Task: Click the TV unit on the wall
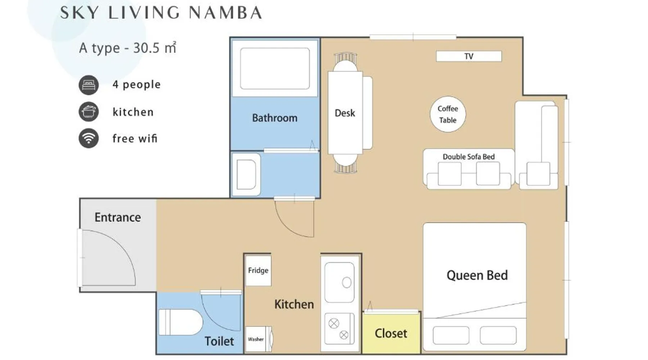[469, 56]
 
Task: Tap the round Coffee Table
[448, 114]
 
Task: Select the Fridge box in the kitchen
[258, 271]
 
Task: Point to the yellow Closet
[391, 333]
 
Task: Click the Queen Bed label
[477, 275]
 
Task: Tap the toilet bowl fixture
[180, 322]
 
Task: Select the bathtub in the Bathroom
[275, 68]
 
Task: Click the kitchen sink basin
[339, 282]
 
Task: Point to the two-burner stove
[339, 329]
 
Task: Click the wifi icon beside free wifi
[89, 138]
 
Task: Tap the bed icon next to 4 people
[89, 85]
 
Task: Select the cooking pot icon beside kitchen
[89, 112]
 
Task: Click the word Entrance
[118, 217]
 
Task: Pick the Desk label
[345, 113]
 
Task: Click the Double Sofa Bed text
[469, 157]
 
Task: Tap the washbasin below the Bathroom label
[246, 175]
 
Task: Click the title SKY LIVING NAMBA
[161, 13]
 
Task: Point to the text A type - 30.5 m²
[128, 48]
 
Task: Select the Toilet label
[219, 341]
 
